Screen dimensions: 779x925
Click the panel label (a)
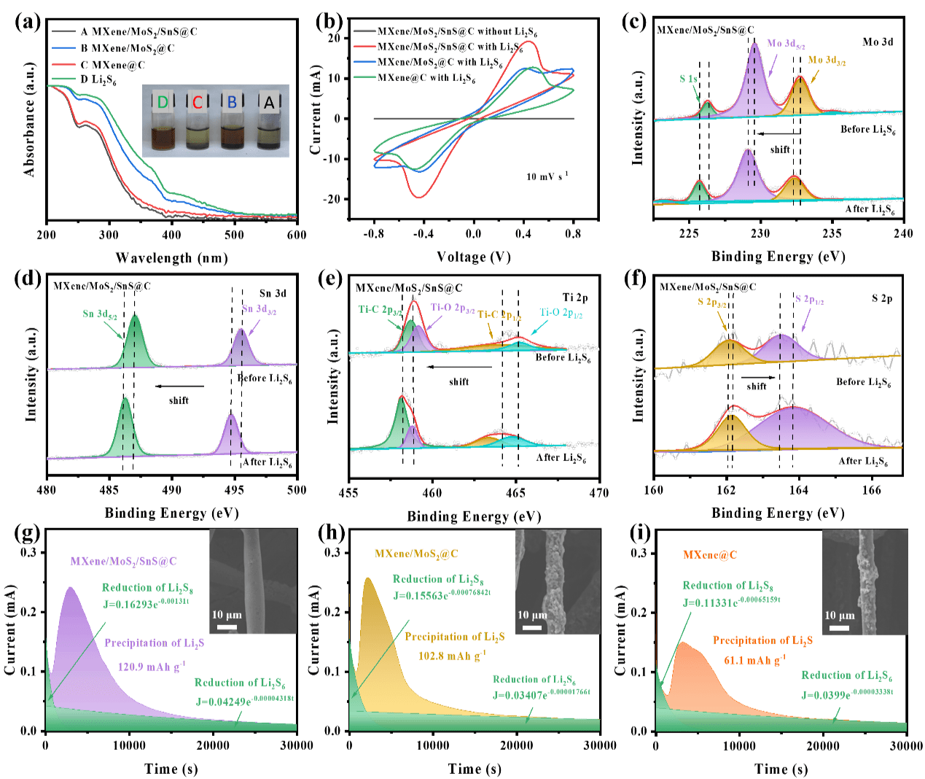[x=28, y=21]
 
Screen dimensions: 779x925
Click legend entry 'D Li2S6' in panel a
[x=98, y=80]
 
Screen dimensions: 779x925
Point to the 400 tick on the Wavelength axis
[x=172, y=235]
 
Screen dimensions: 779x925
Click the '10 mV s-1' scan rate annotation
[x=547, y=177]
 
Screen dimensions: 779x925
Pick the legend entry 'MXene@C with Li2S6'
[x=426, y=78]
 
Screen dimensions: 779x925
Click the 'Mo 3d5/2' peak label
[x=786, y=44]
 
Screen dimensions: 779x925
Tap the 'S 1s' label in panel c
[x=688, y=79]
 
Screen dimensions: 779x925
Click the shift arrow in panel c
[x=778, y=133]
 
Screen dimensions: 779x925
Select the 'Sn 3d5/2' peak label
[x=100, y=314]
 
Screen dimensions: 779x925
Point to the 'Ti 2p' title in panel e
[x=574, y=298]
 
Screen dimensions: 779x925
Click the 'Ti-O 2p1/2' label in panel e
[x=561, y=314]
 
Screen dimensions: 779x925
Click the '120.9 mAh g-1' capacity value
[x=152, y=667]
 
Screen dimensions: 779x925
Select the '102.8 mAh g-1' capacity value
[x=452, y=656]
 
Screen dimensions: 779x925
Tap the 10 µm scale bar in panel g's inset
[x=227, y=627]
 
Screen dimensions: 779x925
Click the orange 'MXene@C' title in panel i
[x=710, y=555]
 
